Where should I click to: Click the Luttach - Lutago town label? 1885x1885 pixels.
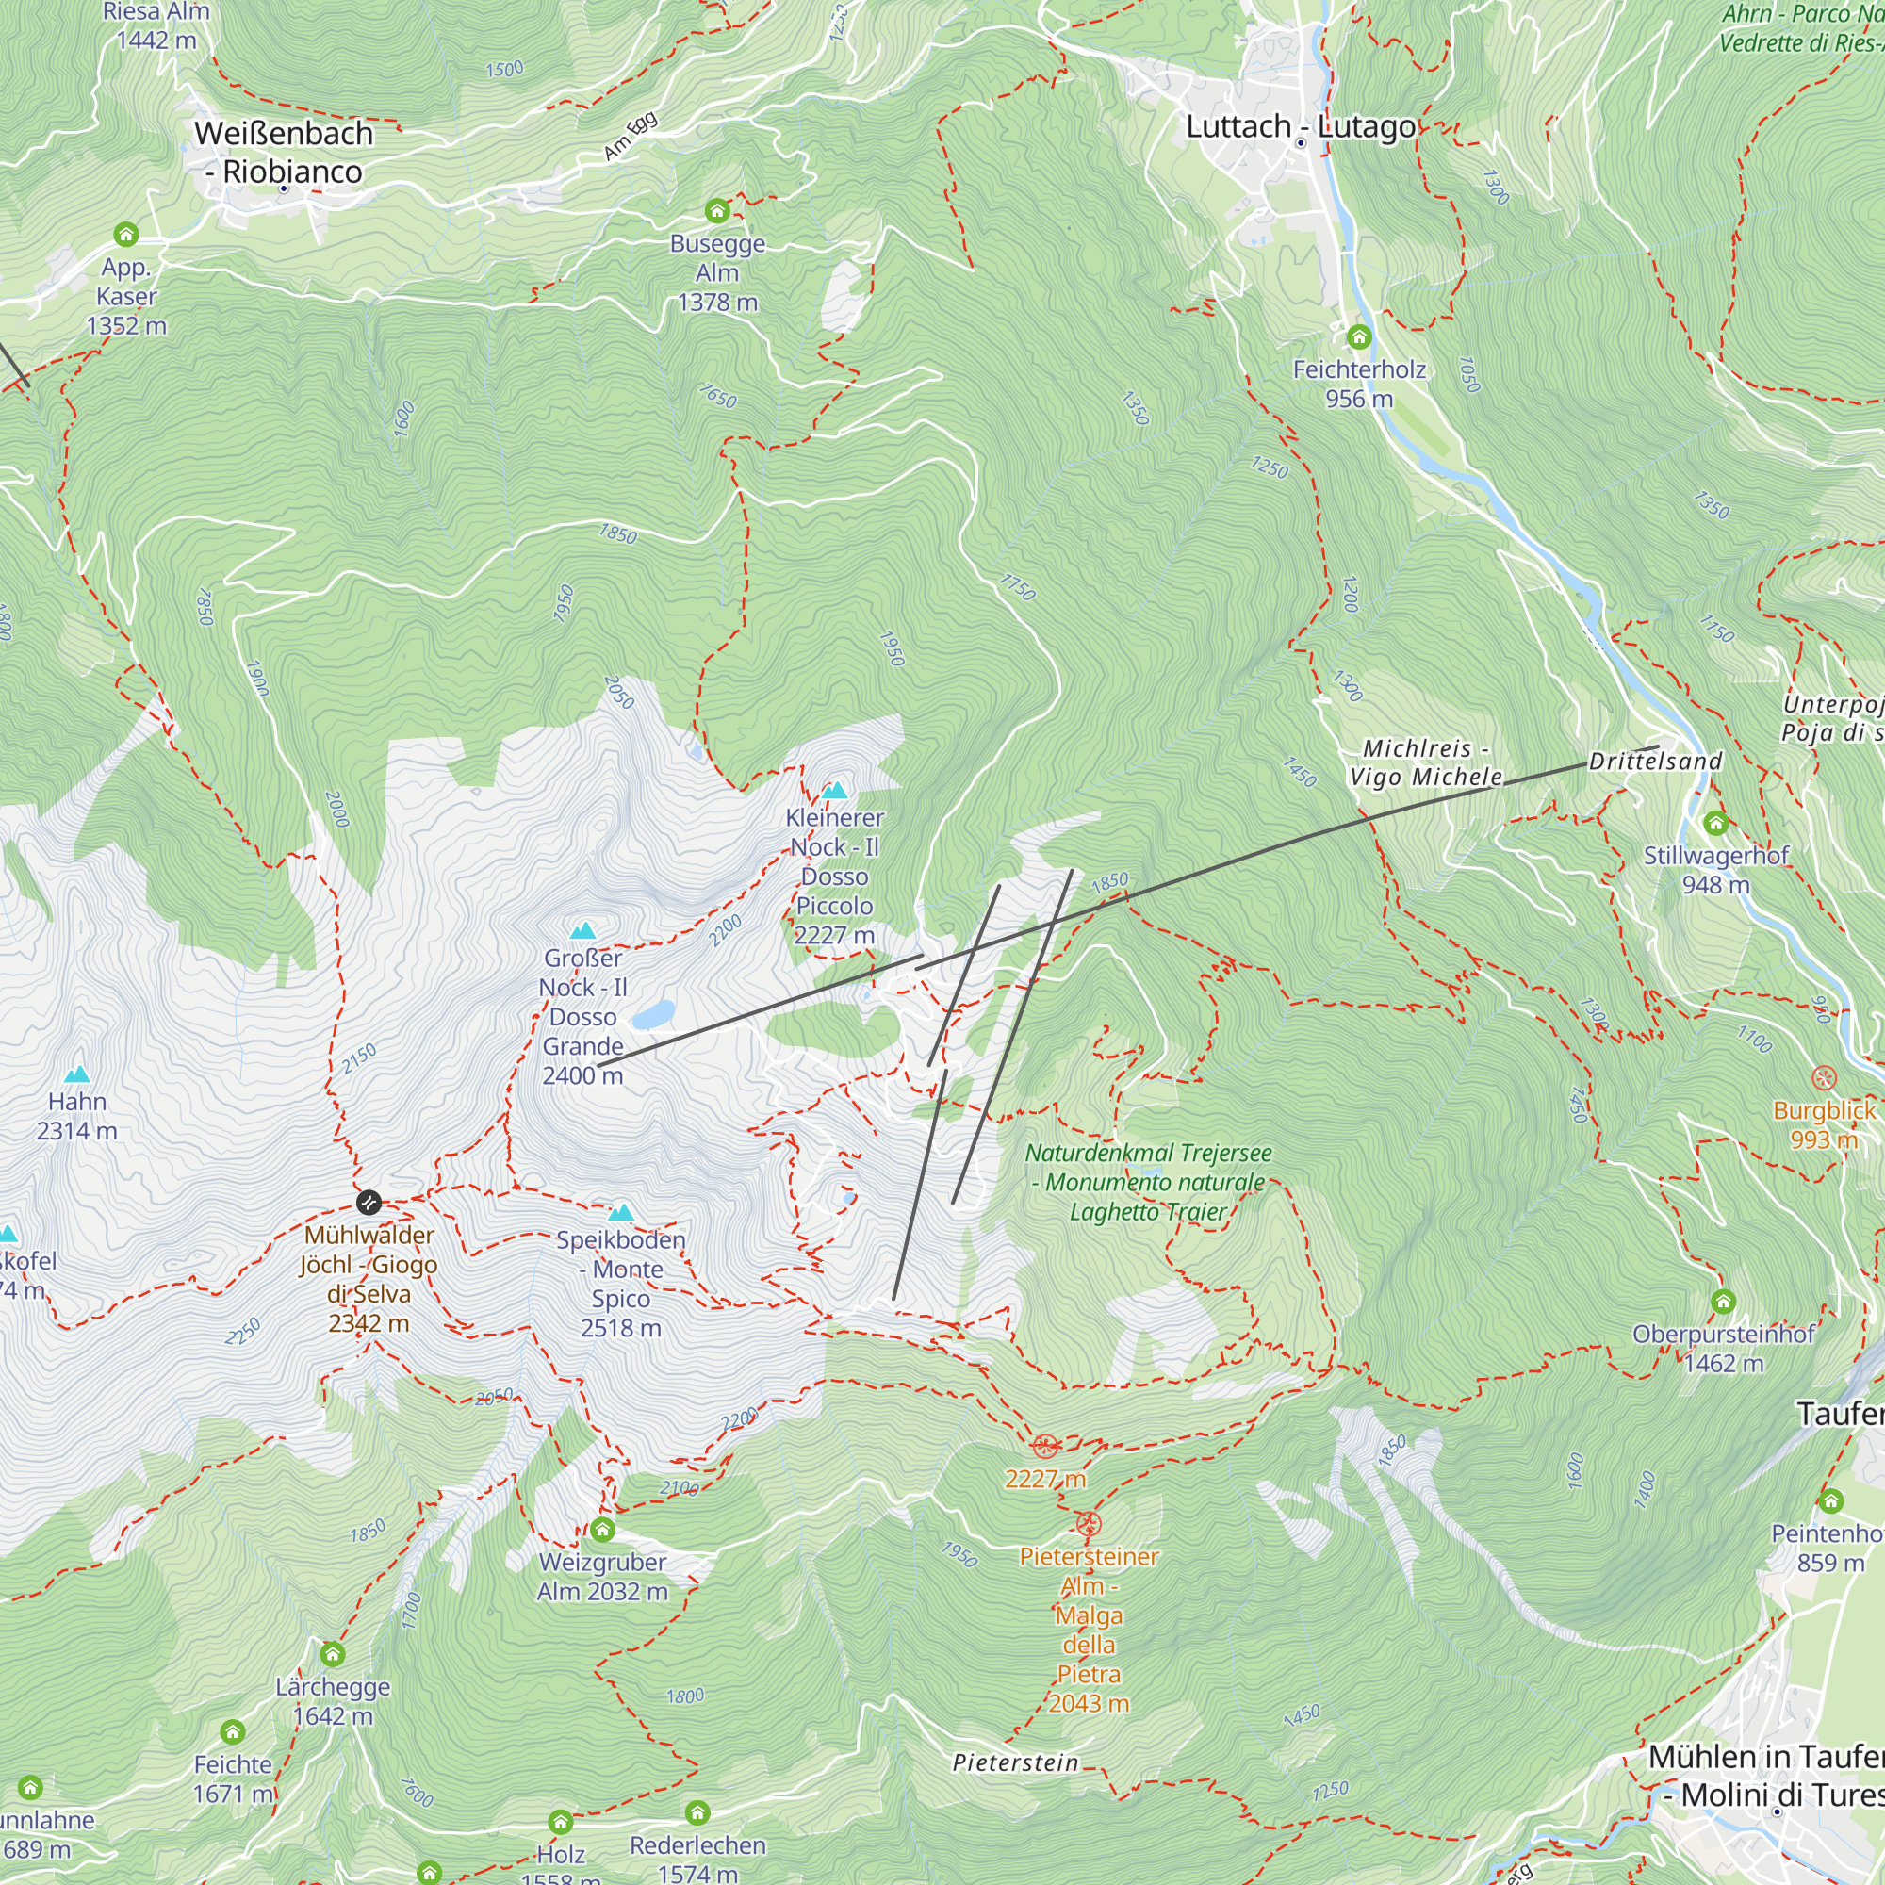point(1300,127)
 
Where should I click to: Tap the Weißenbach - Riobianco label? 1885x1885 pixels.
point(283,152)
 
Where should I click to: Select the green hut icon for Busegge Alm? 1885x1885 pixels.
point(717,211)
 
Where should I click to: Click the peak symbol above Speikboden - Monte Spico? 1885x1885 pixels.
point(620,1213)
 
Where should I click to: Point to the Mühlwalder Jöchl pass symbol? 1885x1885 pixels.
point(368,1202)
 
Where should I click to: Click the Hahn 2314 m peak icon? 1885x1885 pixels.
point(77,1074)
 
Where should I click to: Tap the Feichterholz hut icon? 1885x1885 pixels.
point(1359,337)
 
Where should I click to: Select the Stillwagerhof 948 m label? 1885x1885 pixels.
point(1715,869)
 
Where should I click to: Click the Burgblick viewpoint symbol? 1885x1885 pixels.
point(1824,1078)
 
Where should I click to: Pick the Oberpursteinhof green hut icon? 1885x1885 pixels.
point(1723,1302)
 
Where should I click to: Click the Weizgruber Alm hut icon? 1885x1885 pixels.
point(602,1529)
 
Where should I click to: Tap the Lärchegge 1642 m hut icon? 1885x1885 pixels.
point(333,1654)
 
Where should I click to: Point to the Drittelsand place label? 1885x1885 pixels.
point(1655,761)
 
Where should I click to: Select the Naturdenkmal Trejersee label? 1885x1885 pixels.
point(1147,1182)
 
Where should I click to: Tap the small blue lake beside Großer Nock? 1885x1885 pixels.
point(653,1015)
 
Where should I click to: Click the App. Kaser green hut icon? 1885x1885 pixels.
point(126,234)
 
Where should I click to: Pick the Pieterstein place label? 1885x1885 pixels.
point(1015,1763)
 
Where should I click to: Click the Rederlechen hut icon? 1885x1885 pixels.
point(697,1812)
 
